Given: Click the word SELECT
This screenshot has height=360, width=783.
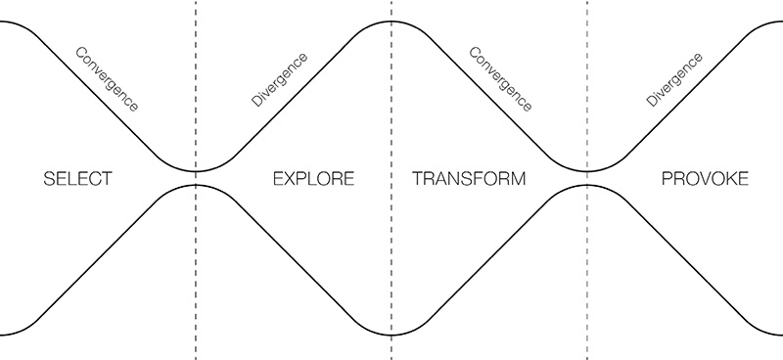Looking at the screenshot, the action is click(x=78, y=180).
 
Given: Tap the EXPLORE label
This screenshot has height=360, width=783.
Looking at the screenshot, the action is click(x=312, y=180).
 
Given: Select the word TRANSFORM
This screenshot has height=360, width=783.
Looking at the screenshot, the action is click(x=469, y=180).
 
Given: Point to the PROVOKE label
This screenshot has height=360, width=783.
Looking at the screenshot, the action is click(x=705, y=180).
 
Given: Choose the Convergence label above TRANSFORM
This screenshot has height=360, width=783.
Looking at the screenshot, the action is click(x=500, y=77).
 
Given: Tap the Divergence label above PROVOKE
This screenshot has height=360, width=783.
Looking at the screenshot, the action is click(x=675, y=77).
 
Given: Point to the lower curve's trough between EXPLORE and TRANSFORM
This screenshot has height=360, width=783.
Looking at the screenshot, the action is click(x=391, y=336).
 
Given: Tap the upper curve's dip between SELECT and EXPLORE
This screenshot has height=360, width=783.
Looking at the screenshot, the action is click(x=196, y=171).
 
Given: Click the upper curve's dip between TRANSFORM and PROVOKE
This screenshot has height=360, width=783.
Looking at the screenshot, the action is click(x=587, y=171).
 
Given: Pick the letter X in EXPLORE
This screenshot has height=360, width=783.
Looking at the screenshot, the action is click(x=288, y=180).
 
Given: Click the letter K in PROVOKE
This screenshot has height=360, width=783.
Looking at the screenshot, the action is click(x=727, y=180).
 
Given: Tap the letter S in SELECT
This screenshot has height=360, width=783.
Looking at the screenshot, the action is click(x=50, y=180).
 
